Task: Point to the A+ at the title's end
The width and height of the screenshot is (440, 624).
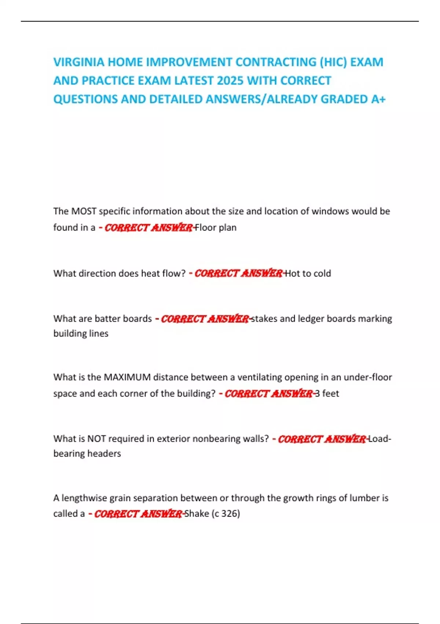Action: (378, 99)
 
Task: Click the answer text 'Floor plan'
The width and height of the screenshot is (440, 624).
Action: (216, 228)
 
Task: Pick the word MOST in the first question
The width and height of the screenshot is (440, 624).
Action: (84, 211)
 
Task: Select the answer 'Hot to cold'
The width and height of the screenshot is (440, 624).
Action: (308, 273)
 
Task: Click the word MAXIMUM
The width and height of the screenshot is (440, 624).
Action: (127, 377)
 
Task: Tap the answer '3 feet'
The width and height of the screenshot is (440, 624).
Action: (327, 393)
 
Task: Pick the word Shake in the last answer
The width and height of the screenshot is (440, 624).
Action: (197, 514)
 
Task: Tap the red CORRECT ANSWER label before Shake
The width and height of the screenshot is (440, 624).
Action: (138, 514)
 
